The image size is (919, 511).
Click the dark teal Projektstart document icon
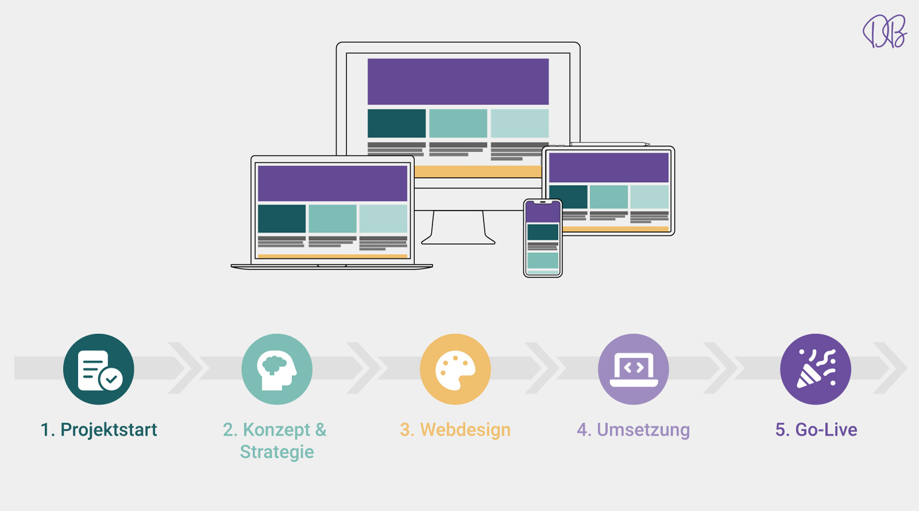pyautogui.click(x=98, y=369)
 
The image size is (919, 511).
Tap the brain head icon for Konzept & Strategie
pyautogui.click(x=277, y=369)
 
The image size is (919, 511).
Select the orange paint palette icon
pyautogui.click(x=455, y=369)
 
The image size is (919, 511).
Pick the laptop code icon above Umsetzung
pyautogui.click(x=634, y=369)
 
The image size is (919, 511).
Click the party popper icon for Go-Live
pyautogui.click(x=816, y=369)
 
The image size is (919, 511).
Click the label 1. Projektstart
pyautogui.click(x=98, y=430)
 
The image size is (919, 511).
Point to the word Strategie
pyautogui.click(x=277, y=452)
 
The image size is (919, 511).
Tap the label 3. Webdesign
pyautogui.click(x=455, y=430)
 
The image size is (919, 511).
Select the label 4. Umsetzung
pyautogui.click(x=634, y=430)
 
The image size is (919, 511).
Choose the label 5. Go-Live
pyautogui.click(x=816, y=430)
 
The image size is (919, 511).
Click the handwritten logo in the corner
pyautogui.click(x=884, y=31)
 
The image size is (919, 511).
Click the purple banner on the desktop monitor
pyautogui.click(x=458, y=81)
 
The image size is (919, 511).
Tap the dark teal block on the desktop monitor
pyautogui.click(x=396, y=123)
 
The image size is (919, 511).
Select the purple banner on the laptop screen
pyautogui.click(x=333, y=183)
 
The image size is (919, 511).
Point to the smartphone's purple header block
pyautogui.click(x=543, y=212)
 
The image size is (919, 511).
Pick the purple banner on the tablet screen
pyautogui.click(x=609, y=167)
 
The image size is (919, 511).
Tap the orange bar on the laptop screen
pyautogui.click(x=333, y=256)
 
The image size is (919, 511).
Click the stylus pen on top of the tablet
pyautogui.click(x=609, y=144)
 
